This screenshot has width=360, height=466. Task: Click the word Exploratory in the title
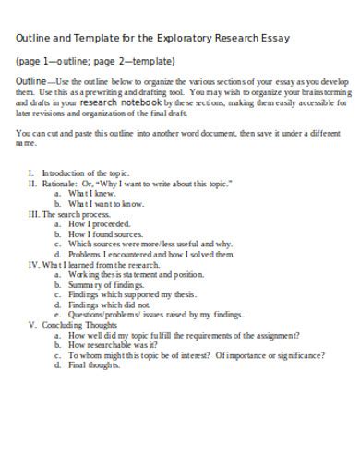click(192, 38)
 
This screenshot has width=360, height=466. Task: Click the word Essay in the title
click(275, 38)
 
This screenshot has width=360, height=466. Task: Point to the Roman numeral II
click(30, 184)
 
